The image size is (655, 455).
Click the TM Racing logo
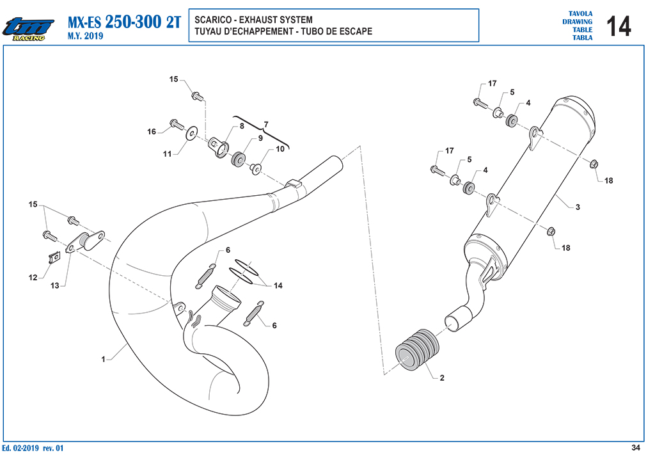coord(28,29)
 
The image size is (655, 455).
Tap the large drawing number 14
coord(619,26)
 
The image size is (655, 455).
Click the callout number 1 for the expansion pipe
coord(103,359)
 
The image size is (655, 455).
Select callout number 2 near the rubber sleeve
coord(442,378)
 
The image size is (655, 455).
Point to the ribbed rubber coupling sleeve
coord(417,349)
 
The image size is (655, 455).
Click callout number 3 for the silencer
coord(578,207)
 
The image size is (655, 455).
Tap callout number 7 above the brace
coord(266,125)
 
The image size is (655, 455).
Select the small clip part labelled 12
coord(53,257)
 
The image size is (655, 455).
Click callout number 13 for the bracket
coord(55,286)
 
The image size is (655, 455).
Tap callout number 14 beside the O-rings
coord(278,286)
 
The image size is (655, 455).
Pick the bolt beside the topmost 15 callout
coord(198,97)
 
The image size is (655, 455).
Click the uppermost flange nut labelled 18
coord(593,164)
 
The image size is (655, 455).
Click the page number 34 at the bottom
coord(635,448)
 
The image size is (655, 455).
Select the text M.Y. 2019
coord(85,36)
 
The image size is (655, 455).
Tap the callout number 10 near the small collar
coord(280,148)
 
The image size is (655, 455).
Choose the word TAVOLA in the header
coord(580,14)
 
